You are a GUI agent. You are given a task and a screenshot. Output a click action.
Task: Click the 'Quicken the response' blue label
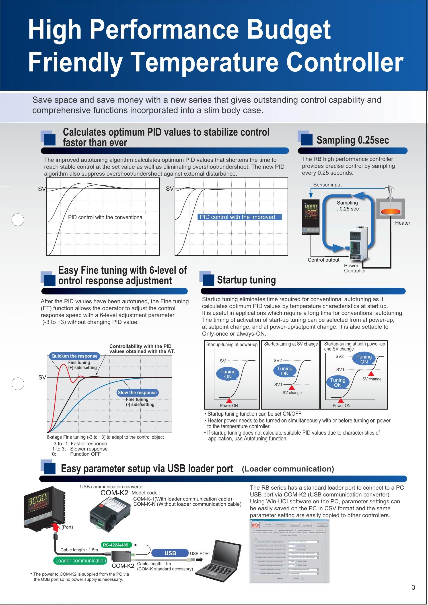point(74,356)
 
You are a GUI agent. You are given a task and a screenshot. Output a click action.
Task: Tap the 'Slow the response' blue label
point(137,392)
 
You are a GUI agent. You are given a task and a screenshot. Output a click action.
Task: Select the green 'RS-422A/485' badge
point(116,545)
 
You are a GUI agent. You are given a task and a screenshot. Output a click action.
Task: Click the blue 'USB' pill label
point(170,553)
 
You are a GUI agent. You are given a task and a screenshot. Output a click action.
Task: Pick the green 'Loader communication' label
point(81,560)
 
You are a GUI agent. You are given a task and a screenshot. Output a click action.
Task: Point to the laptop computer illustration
point(217,560)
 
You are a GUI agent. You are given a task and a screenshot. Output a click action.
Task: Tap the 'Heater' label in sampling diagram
point(402,223)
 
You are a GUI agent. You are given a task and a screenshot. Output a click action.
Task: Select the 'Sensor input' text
point(327,185)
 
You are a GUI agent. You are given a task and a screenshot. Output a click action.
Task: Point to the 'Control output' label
point(323,260)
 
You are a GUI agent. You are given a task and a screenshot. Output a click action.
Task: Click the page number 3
point(413,587)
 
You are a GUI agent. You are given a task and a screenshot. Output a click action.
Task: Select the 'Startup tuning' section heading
point(246,280)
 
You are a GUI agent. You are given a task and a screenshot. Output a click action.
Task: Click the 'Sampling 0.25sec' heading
point(352,140)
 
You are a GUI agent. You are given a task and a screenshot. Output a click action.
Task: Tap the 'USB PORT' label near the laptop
point(200,553)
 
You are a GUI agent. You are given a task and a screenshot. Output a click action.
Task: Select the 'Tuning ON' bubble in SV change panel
point(285,371)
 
